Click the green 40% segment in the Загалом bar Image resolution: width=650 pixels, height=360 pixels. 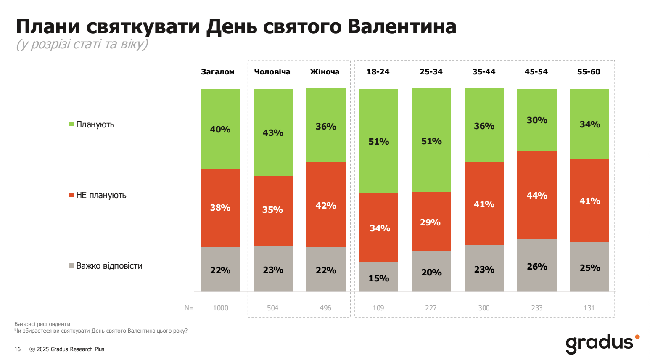click(x=220, y=129)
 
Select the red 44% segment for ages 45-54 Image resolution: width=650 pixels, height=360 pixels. click(x=536, y=195)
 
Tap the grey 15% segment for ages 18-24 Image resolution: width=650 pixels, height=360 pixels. click(x=378, y=277)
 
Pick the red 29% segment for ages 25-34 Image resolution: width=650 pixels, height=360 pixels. click(x=431, y=222)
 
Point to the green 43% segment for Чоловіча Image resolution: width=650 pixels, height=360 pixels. click(x=273, y=132)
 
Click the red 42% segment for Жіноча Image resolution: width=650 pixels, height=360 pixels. click(x=325, y=205)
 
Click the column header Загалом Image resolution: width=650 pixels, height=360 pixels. click(x=217, y=71)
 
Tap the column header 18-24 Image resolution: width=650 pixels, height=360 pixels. click(x=378, y=71)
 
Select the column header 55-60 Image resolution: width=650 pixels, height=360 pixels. click(x=589, y=71)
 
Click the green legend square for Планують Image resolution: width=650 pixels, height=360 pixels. click(x=71, y=124)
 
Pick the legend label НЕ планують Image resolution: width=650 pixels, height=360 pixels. click(x=101, y=195)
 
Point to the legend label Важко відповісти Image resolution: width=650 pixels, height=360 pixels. click(x=109, y=266)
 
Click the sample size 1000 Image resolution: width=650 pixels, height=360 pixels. click(x=220, y=308)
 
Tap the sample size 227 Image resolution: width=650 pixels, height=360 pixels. click(x=431, y=308)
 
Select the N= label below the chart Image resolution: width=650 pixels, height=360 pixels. click(x=189, y=308)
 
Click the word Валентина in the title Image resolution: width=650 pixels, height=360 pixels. click(x=402, y=26)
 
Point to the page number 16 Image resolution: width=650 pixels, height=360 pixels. click(x=17, y=349)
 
